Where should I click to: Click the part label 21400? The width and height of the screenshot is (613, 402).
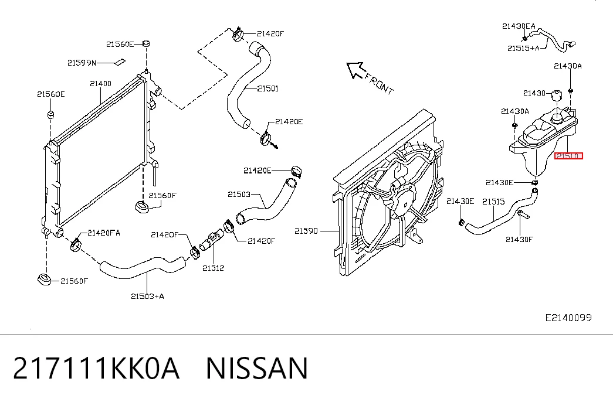pos(100,84)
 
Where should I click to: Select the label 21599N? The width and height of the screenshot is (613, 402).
pos(82,63)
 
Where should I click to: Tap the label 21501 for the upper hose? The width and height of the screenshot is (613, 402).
pos(268,88)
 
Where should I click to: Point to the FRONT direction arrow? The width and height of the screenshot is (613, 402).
pos(355,70)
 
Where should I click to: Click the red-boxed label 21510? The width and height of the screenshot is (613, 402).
pos(568,156)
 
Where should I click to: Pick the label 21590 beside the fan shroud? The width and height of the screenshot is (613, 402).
pos(306,231)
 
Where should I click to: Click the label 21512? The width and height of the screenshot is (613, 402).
pos(213,268)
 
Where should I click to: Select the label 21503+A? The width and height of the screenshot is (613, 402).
pos(147,296)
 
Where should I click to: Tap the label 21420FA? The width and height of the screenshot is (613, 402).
pos(104,233)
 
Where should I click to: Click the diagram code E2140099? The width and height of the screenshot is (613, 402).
pos(568,318)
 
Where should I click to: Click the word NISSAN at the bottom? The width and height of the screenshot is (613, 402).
pos(257,368)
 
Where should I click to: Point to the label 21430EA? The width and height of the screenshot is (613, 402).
pos(519,26)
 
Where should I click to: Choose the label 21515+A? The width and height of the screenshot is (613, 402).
pos(523,49)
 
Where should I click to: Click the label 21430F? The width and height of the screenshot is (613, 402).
pos(519,240)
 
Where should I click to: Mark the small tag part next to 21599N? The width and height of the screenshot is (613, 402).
pos(119,62)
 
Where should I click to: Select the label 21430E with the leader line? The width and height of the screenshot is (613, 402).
pos(500,182)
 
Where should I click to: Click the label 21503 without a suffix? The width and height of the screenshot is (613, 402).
pos(239,194)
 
